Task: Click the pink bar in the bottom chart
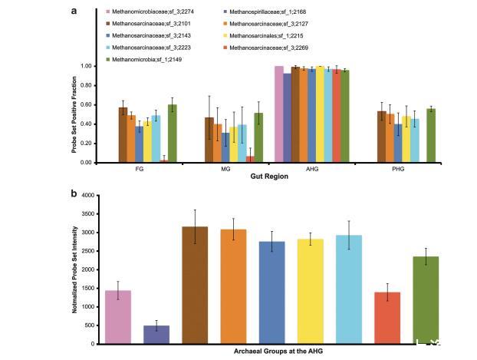[x=117, y=316]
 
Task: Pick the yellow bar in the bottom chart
[x=311, y=291]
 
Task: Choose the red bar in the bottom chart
[x=387, y=317]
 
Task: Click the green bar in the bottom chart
[x=426, y=299]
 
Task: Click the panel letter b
[x=74, y=193]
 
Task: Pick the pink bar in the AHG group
[x=278, y=114]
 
